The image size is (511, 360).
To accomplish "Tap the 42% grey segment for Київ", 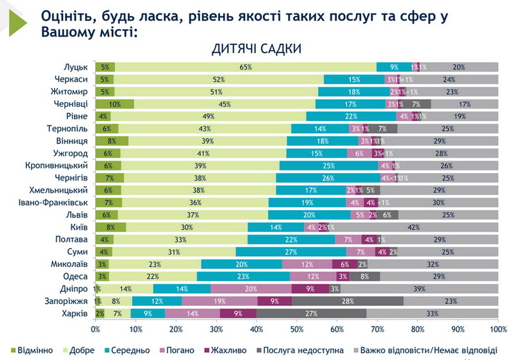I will [x=414, y=226].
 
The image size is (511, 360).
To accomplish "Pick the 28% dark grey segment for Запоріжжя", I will [x=348, y=300].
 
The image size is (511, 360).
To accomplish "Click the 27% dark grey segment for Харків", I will [x=312, y=313].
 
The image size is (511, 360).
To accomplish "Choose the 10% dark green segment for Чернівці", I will [x=115, y=104].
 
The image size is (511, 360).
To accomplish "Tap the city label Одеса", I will [x=76, y=276].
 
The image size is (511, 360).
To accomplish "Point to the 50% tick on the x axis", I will [x=297, y=329].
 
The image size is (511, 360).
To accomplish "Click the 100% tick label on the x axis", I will [x=497, y=329].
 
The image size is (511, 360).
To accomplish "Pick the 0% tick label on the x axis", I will [x=96, y=329].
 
